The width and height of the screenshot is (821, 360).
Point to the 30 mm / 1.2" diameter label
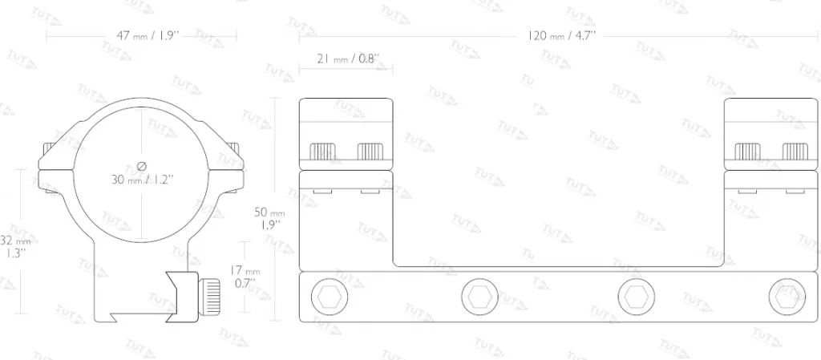[142, 180]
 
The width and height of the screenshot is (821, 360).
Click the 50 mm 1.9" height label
[269, 217]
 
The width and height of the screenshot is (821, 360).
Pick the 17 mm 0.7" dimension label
[246, 277]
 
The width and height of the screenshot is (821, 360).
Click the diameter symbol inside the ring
[141, 167]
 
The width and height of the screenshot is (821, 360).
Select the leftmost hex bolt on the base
[330, 297]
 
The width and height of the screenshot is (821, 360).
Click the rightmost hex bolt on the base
[787, 297]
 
